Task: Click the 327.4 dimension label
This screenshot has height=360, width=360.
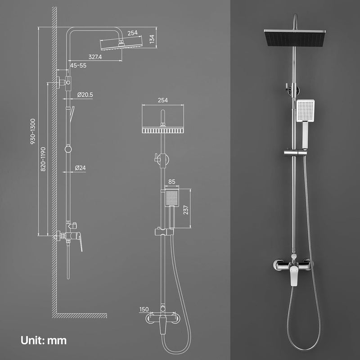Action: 95,57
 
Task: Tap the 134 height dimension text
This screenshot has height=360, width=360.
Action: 152,39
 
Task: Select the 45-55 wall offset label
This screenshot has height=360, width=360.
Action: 78,65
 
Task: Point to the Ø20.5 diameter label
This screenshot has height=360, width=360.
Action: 85,94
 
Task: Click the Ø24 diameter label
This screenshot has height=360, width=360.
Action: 81,168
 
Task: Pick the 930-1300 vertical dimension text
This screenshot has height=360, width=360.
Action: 33,131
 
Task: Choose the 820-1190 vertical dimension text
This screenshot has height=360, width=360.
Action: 43,159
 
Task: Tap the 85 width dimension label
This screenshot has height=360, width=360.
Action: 172,182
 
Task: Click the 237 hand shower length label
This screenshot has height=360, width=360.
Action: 185,210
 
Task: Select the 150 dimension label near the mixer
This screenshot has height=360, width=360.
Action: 144,309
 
